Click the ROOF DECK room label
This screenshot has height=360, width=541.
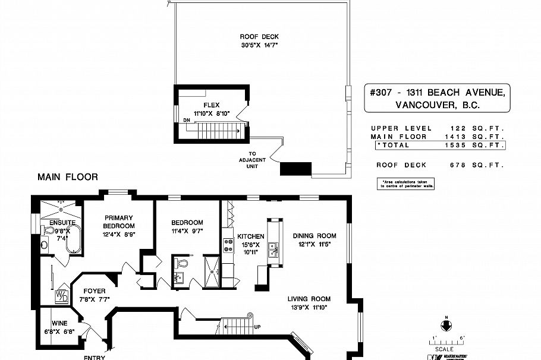251,37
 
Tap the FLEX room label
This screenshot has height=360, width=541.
212,105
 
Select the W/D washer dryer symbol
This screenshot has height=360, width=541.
62,296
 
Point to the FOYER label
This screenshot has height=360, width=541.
94,290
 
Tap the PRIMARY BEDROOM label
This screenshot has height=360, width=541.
119,222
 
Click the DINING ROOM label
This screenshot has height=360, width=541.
314,235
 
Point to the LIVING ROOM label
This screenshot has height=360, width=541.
309,299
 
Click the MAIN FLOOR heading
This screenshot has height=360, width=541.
67,177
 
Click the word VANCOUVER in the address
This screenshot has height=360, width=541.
422,106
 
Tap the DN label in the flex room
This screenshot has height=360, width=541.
187,121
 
